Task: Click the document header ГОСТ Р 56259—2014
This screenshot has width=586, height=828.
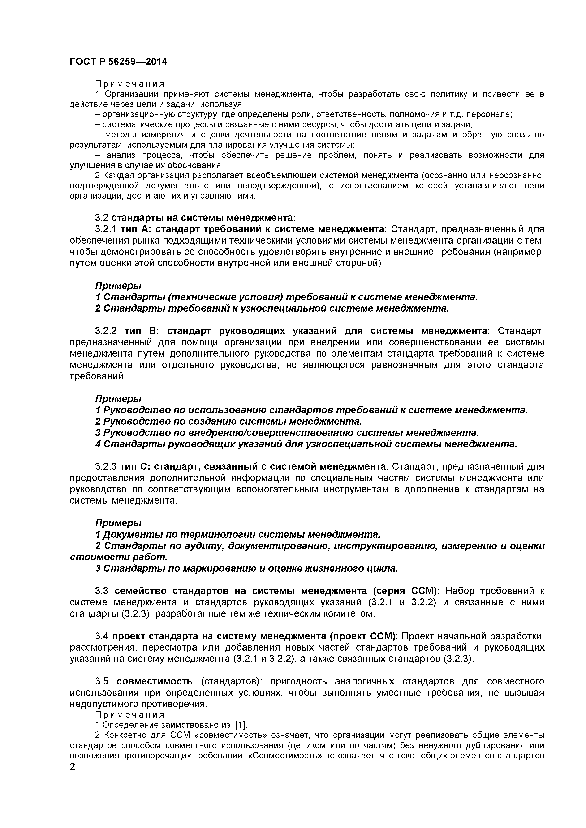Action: (x=118, y=62)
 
